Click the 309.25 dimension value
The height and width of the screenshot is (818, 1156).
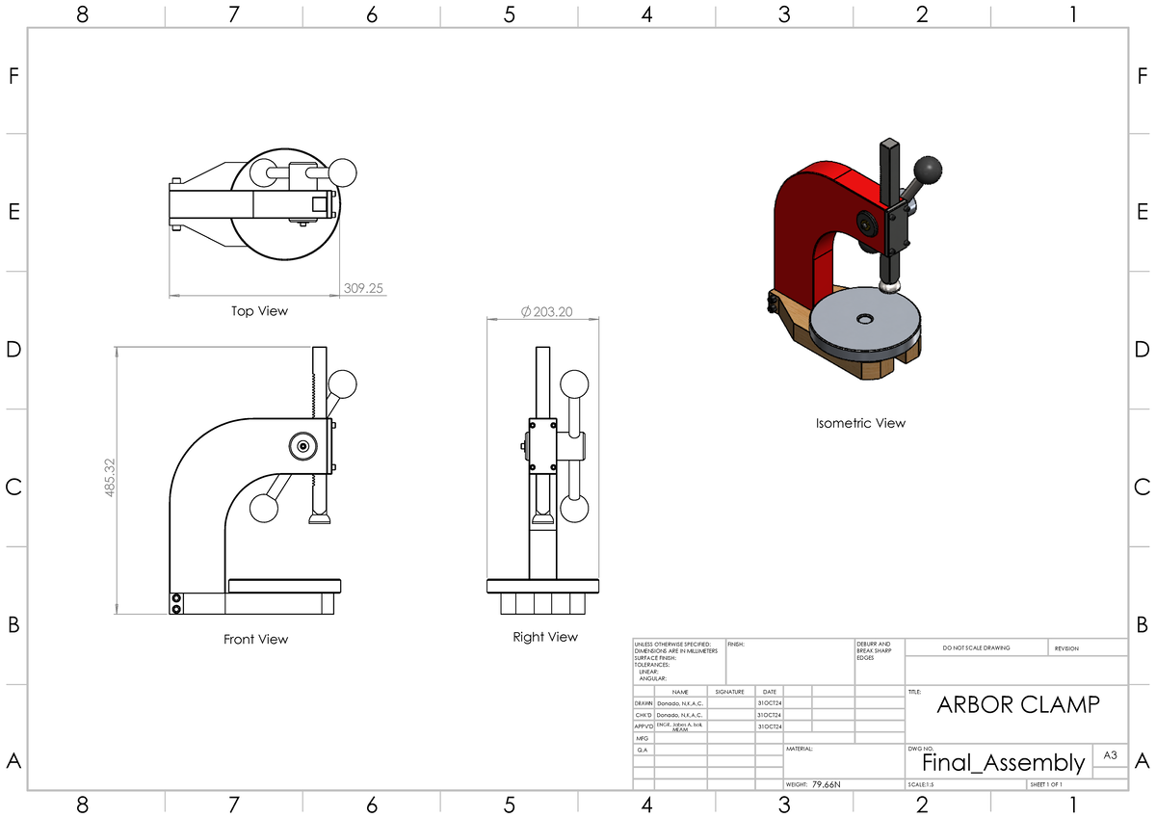coord(363,288)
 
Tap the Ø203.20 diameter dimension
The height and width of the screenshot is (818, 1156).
coord(546,311)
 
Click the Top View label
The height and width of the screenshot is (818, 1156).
coord(259,311)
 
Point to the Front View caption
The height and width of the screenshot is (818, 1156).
coord(255,639)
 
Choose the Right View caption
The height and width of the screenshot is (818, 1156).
coord(545,637)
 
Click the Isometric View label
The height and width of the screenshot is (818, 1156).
coord(860,423)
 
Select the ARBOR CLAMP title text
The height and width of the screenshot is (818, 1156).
coord(1017,704)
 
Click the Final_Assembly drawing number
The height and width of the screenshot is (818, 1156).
coord(1003,763)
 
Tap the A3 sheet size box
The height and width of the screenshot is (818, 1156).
coord(1110,756)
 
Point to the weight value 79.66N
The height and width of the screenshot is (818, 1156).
coord(826,784)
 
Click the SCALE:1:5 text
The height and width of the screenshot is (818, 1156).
coord(921,784)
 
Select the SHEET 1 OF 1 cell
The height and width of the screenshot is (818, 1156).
coord(1046,784)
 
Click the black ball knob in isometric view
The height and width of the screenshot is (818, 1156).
coord(929,170)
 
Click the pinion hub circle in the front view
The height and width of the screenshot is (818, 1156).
coord(303,446)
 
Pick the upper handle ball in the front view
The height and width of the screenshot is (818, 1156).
coord(343,384)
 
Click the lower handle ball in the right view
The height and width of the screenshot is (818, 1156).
coord(574,508)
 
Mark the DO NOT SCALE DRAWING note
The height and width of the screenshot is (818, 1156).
coord(976,648)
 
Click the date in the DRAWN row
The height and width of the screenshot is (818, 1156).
coord(770,703)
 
